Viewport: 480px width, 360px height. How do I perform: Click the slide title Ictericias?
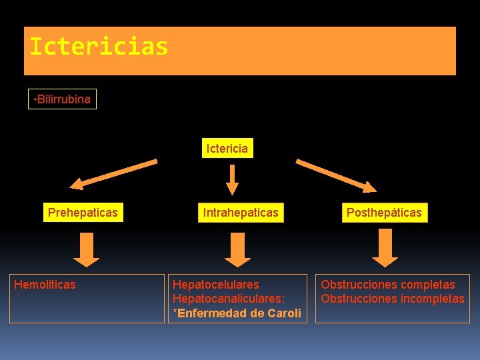coord(99,47)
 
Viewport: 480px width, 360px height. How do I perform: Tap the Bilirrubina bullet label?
coord(62,99)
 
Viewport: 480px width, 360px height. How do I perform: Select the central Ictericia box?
coord(227,149)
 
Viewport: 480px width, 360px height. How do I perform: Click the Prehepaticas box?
coord(83,213)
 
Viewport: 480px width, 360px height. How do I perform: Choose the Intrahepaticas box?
coord(241,213)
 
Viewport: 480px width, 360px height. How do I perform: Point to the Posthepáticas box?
coord(383,213)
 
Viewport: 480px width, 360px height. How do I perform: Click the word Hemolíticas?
coord(45,285)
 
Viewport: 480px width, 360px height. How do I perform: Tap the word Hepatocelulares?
coord(215,285)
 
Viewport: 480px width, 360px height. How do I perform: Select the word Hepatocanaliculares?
coord(227,299)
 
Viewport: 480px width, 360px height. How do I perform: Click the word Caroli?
coord(285,313)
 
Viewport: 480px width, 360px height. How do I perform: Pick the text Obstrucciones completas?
coord(388,285)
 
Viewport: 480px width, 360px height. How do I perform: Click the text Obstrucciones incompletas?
coord(392,299)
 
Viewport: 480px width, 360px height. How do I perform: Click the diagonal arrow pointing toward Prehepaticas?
coord(114,171)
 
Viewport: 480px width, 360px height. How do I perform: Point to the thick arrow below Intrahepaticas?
coord(237,248)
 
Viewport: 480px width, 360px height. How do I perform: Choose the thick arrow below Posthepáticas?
coord(385,247)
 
